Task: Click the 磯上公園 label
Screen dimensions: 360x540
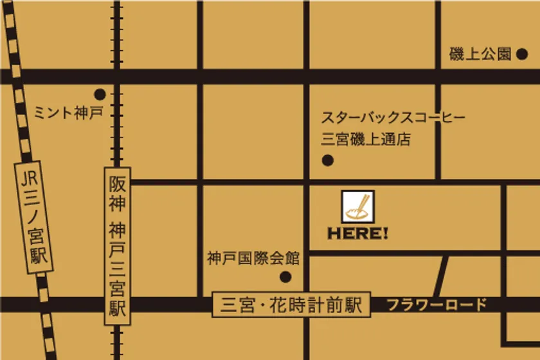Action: click(480, 55)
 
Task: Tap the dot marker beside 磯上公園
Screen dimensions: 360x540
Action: click(522, 55)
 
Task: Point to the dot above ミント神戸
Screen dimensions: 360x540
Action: click(100, 94)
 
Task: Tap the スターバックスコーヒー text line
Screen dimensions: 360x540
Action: click(393, 118)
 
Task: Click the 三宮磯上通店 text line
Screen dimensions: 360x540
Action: click(366, 139)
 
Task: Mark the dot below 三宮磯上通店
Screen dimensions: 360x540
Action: click(327, 161)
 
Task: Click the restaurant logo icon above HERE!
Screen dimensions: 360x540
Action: click(358, 207)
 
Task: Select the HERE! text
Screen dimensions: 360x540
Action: click(357, 234)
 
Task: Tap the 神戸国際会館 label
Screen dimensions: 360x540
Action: click(253, 258)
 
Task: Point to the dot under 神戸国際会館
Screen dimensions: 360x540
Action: click(285, 277)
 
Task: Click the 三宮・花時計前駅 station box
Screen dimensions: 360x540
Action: click(291, 304)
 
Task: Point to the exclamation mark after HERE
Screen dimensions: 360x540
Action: click(386, 234)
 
